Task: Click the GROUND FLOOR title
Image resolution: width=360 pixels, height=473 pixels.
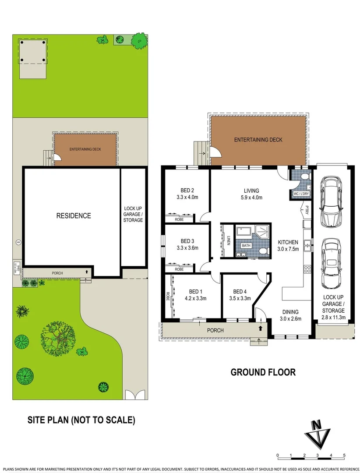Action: [x=263, y=372]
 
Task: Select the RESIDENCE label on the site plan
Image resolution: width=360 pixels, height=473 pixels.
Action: [x=73, y=215]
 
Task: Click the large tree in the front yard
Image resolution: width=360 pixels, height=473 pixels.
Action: [x=58, y=337]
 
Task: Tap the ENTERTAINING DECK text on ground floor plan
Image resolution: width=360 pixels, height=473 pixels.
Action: [x=258, y=140]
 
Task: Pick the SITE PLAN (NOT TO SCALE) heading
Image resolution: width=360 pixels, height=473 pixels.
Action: [x=81, y=420]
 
